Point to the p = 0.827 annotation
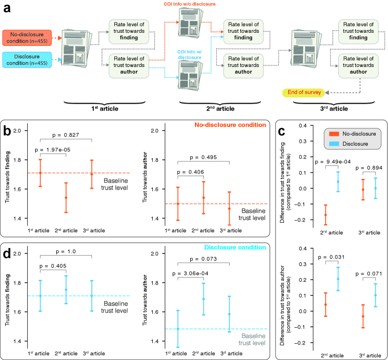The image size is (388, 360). coord(66,134)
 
